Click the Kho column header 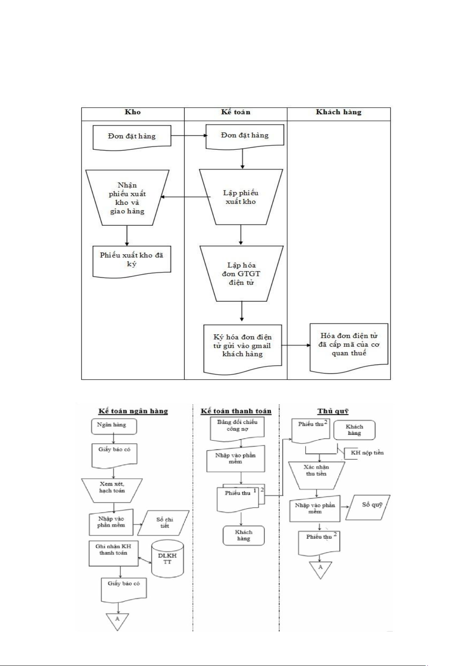[x=133, y=112]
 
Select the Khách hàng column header [x=339, y=112]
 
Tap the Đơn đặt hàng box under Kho [x=132, y=136]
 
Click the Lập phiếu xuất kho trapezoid [x=241, y=197]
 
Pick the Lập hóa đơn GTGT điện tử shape [x=241, y=274]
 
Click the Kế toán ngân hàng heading [x=133, y=411]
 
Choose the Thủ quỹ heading [x=333, y=411]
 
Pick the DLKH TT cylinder [x=168, y=558]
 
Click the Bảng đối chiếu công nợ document [x=237, y=426]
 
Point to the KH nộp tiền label [x=367, y=453]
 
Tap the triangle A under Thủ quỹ [x=320, y=568]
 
